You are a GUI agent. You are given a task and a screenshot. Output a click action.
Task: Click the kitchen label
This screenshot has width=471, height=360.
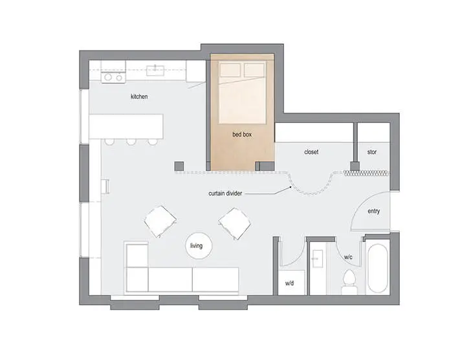[139, 96]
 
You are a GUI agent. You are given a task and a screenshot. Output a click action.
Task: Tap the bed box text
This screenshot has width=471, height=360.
[242, 134]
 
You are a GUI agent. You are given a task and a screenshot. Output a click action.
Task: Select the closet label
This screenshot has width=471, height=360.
[311, 152]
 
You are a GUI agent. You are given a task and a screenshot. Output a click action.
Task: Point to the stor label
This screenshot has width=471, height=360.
[372, 152]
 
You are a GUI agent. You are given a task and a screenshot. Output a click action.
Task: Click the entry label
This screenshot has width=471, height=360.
[374, 211]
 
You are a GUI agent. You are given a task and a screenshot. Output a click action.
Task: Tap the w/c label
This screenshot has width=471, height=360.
[348, 257]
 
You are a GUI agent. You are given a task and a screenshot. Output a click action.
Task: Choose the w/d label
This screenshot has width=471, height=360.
[289, 283]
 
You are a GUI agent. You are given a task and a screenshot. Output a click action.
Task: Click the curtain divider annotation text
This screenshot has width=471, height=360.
[225, 194]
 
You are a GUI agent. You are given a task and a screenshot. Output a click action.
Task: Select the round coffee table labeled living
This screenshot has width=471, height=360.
[199, 246]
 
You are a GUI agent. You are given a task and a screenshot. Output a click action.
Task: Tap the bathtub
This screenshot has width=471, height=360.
[378, 268]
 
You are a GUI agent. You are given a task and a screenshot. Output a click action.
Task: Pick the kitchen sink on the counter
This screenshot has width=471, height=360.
[155, 70]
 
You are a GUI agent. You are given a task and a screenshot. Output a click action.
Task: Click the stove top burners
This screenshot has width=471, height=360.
[113, 77]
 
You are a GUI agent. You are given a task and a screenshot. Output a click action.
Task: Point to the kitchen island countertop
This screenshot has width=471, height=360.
[126, 126]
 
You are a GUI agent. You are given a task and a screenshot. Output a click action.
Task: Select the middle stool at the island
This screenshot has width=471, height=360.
[131, 142]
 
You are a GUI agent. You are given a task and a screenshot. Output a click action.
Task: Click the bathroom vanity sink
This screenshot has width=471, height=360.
[316, 258]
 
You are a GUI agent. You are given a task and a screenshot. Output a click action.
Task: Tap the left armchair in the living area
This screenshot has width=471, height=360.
[160, 221]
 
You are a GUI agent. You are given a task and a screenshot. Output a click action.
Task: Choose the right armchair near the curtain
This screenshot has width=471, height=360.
[235, 223]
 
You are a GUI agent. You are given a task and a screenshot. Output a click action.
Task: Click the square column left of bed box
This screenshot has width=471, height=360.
[179, 166]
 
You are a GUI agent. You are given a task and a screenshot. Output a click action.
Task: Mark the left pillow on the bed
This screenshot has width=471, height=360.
[230, 70]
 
